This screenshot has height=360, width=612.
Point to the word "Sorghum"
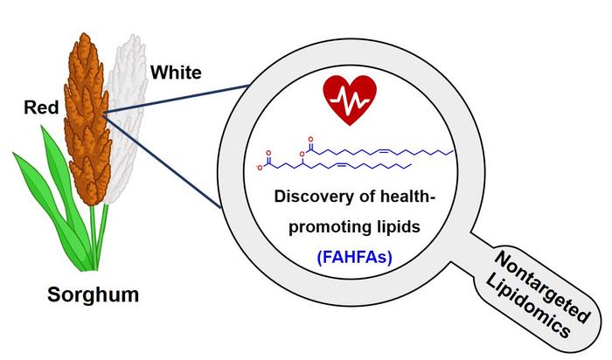click(x=93, y=295)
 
